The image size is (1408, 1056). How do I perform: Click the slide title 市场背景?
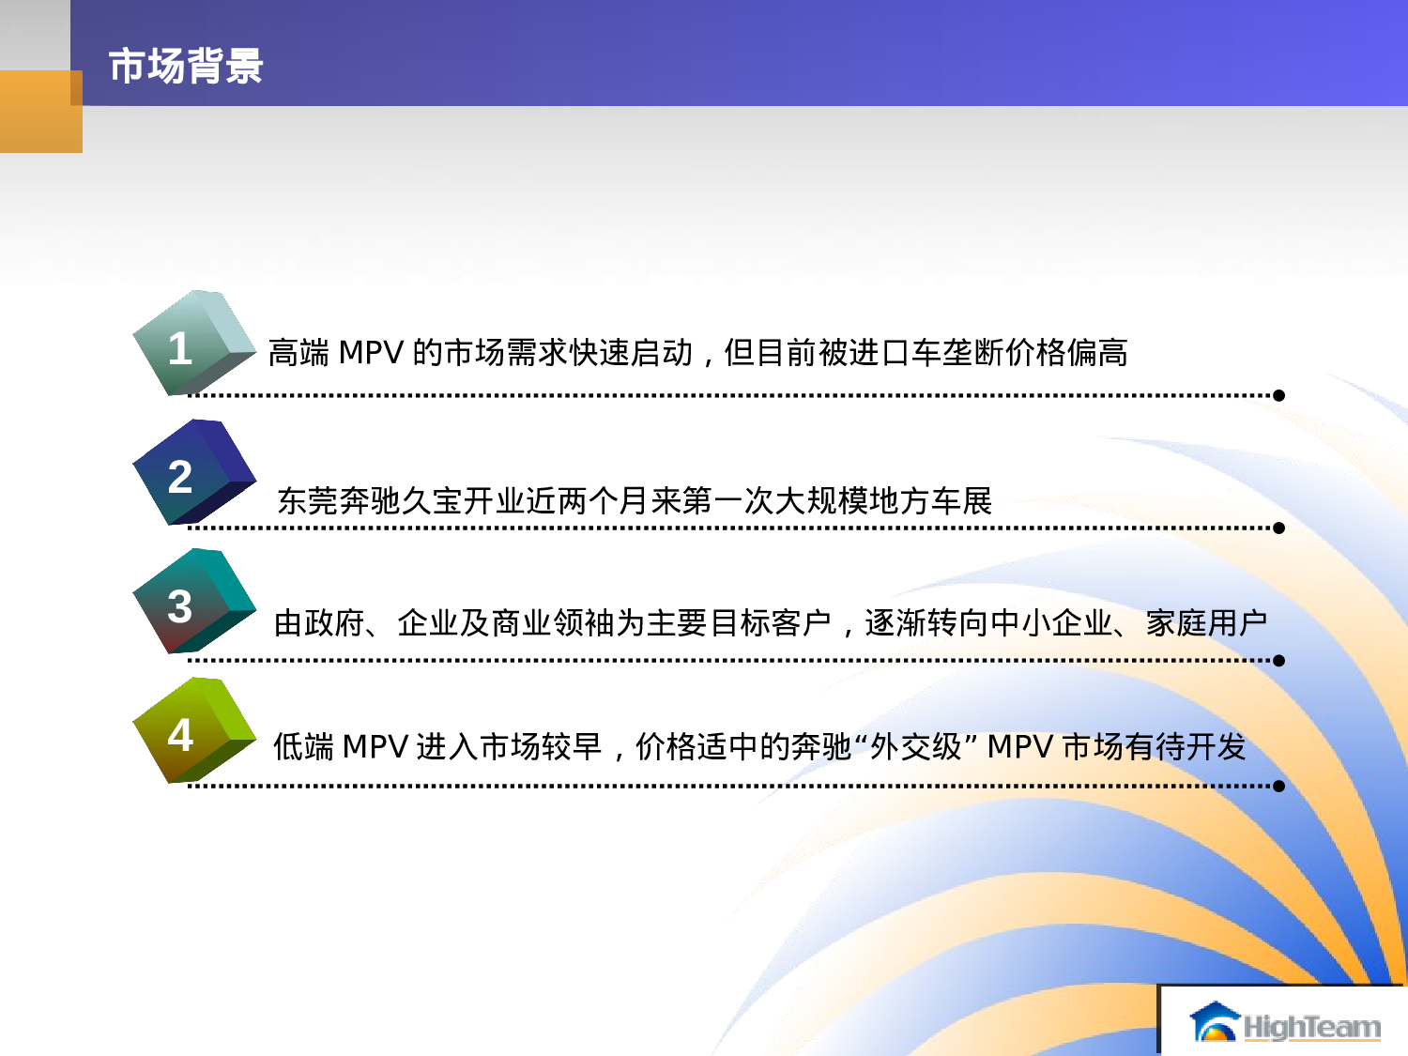186,67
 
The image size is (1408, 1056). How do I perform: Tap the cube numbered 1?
192,344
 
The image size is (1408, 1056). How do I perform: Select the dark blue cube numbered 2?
192,473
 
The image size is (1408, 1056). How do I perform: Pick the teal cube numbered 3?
192,602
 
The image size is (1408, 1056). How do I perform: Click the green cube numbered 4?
192,730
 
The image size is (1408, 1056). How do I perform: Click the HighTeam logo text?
1312,1027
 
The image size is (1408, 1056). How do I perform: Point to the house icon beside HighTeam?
1215,1022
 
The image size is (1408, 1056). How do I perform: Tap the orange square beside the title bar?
40,112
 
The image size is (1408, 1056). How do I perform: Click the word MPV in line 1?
371,353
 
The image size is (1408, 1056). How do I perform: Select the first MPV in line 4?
375,747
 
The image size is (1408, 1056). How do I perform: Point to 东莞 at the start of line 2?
308,501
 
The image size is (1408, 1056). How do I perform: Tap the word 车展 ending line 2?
961,501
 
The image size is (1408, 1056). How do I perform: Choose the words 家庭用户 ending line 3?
1206,622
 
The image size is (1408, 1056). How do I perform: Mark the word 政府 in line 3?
334,622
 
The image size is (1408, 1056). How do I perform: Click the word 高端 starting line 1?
298,353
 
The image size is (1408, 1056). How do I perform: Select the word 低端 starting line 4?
303,747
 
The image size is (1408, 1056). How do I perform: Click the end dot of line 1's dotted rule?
1278,395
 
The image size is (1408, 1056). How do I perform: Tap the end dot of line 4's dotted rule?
1278,786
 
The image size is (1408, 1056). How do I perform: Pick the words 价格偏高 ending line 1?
1066,353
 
